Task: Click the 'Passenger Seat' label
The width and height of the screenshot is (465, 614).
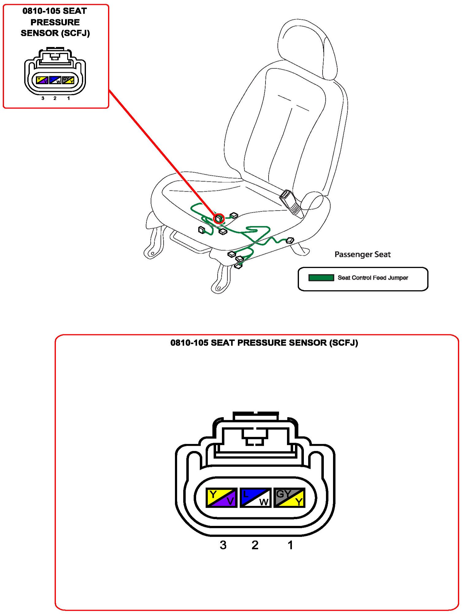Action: [x=362, y=254]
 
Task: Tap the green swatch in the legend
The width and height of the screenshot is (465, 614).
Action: [x=321, y=278]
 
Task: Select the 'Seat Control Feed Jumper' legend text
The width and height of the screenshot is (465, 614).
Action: [x=373, y=278]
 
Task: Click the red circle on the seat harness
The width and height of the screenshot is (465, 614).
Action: [x=219, y=219]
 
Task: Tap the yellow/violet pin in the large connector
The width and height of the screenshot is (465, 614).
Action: [x=221, y=498]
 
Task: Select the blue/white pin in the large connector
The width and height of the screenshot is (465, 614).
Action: [x=255, y=498]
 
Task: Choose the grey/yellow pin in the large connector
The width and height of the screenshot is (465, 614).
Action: [x=289, y=498]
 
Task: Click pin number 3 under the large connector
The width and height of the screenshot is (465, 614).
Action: [x=223, y=545]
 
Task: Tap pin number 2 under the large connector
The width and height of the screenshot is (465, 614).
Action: [x=255, y=545]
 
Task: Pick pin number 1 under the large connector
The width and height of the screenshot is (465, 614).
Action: [x=290, y=545]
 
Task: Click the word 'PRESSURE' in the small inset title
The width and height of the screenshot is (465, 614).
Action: [x=55, y=22]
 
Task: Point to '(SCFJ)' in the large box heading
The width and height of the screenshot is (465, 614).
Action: [x=343, y=343]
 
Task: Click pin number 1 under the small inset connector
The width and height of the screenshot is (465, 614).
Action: [x=68, y=98]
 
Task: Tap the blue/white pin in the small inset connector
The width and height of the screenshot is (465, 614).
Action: [x=55, y=80]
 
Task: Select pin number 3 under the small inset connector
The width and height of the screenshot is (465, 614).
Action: [x=43, y=98]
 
